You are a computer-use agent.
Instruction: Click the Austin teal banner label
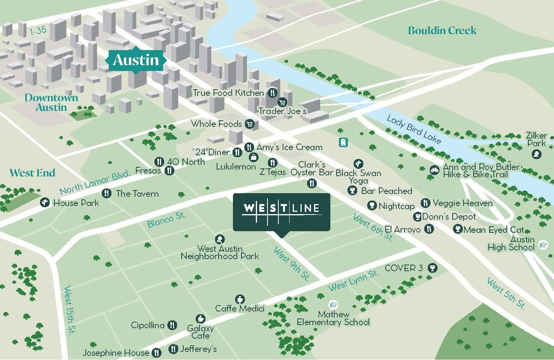136,60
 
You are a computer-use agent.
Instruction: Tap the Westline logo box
281,212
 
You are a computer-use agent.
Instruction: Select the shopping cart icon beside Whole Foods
250,124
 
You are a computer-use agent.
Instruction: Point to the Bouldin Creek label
442,30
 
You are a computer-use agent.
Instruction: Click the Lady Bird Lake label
414,130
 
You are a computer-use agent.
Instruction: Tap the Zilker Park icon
537,154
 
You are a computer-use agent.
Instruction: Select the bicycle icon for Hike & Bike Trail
434,170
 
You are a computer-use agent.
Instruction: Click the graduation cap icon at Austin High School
543,245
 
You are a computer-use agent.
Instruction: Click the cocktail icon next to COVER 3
432,268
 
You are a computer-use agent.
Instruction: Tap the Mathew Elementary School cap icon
333,305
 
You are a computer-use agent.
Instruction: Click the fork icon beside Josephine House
156,352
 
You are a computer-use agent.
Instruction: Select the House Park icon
45,202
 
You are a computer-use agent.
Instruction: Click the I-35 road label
38,31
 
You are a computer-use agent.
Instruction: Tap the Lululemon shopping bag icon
253,157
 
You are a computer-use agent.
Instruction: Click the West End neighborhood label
32,173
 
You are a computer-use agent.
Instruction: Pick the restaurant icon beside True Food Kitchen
273,93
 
